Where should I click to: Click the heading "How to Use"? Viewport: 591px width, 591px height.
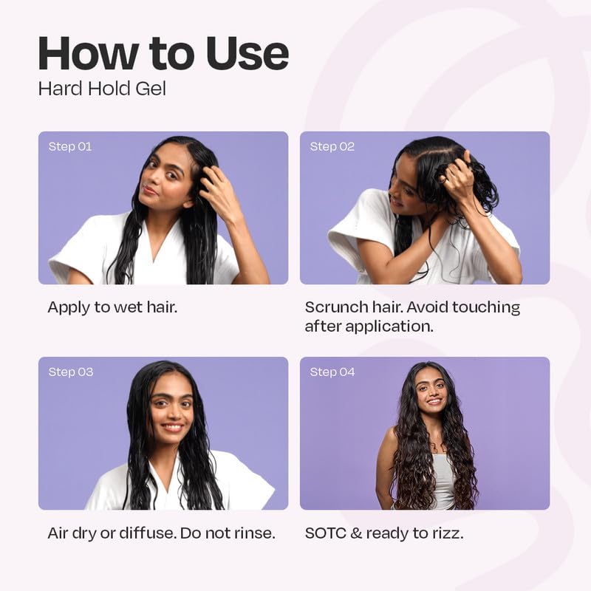click(163, 53)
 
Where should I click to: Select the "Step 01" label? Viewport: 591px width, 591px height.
click(70, 146)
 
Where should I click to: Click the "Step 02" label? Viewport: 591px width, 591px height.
click(332, 146)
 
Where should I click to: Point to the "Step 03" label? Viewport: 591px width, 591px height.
click(71, 372)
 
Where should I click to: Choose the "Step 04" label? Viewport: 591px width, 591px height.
click(332, 372)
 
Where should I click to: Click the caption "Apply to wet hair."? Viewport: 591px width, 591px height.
click(112, 307)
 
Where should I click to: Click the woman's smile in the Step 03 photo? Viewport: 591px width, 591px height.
click(172, 427)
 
